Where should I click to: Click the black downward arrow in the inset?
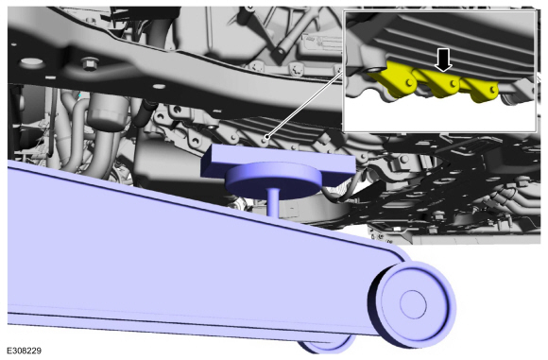[x=443, y=60]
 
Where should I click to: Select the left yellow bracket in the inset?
[x=399, y=79]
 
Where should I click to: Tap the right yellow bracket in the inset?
[x=481, y=89]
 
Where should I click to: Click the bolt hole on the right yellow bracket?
[x=492, y=90]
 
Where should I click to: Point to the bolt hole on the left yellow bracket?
[x=408, y=82]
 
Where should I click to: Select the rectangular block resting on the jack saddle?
[x=278, y=162]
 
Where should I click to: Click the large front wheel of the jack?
[x=412, y=303]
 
